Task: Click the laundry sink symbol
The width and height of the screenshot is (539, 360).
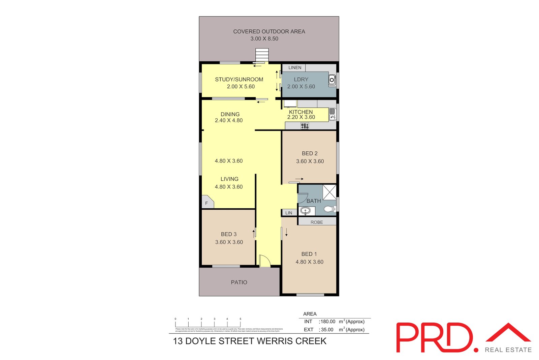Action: (x=332, y=80)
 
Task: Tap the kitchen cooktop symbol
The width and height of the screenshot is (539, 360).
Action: (x=305, y=126)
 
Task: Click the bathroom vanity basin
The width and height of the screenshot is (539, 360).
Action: (x=305, y=211)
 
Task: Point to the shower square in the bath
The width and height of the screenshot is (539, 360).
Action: (x=329, y=192)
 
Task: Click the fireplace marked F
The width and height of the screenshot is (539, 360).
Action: (x=207, y=203)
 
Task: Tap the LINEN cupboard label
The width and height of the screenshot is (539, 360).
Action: (x=295, y=68)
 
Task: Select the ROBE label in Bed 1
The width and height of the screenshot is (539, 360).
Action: (x=317, y=222)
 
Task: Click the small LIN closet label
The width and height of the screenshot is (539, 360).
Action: (x=289, y=213)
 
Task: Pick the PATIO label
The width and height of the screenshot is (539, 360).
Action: (x=239, y=282)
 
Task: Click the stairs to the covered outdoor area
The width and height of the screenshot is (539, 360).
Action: (x=262, y=55)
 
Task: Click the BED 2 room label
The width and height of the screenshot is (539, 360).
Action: (x=310, y=153)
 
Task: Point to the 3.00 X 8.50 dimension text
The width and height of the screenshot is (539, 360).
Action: (x=264, y=39)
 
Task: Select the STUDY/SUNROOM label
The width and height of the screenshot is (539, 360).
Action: (x=239, y=80)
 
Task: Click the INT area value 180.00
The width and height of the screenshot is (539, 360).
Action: (x=327, y=322)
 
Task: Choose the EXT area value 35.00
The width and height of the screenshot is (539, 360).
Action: (x=327, y=330)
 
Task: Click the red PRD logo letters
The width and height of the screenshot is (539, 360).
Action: (x=435, y=337)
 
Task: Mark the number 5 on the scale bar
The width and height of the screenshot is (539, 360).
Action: (x=240, y=319)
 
